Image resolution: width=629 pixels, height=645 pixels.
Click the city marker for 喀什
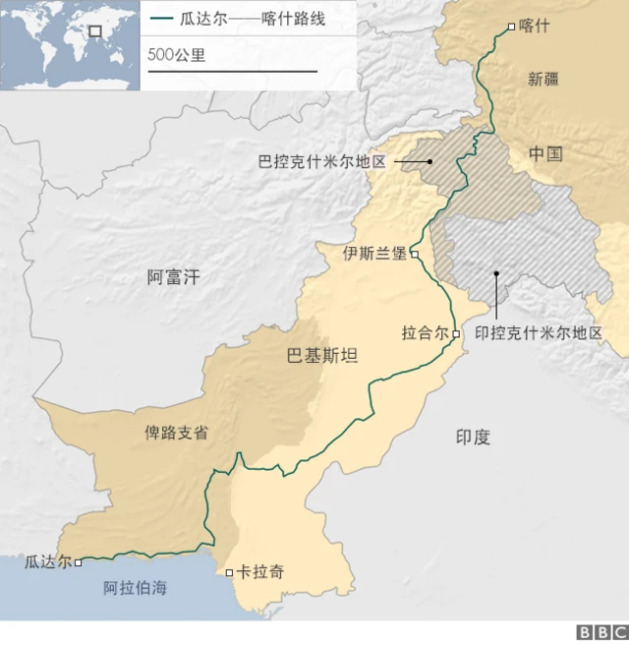tap(510, 27)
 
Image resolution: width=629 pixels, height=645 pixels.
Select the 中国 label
tap(544, 153)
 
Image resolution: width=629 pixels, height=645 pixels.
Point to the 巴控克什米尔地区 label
tap(320, 161)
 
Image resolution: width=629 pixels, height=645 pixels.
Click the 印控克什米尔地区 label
tap(539, 333)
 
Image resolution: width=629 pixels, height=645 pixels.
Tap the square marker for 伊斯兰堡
tap(415, 254)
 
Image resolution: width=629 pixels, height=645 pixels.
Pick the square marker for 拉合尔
tap(456, 334)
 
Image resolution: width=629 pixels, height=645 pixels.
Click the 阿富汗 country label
tap(173, 277)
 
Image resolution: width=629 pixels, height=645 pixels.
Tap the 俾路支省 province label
tap(177, 432)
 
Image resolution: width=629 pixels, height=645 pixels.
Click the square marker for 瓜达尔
tap(78, 562)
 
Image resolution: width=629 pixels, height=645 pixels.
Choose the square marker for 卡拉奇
tap(229, 572)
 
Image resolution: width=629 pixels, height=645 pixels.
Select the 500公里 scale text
tap(177, 55)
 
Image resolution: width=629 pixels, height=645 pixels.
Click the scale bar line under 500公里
tap(232, 72)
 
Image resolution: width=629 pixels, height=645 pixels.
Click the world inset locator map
tap(70, 45)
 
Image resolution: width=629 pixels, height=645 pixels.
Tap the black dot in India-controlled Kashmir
tap(496, 273)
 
